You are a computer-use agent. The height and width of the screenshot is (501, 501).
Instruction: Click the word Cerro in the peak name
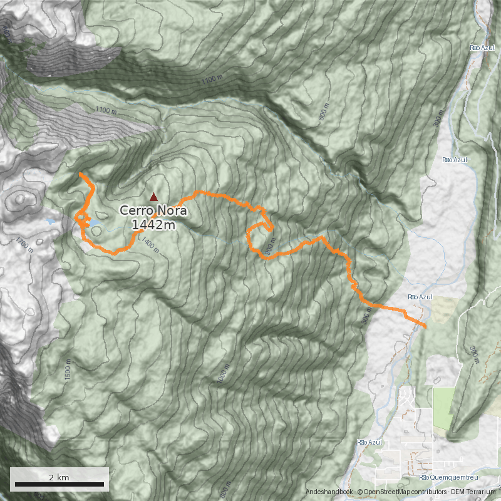click(x=138, y=211)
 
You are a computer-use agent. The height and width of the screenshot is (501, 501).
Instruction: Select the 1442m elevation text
click(x=154, y=225)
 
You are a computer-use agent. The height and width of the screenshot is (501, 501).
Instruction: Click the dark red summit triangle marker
click(x=153, y=197)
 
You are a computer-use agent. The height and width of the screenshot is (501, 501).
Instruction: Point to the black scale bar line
click(x=59, y=484)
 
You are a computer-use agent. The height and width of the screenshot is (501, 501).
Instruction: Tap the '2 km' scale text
click(x=59, y=477)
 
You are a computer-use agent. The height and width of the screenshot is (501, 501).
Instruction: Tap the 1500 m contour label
click(x=65, y=369)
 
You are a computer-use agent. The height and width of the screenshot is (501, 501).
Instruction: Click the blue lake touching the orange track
click(x=94, y=222)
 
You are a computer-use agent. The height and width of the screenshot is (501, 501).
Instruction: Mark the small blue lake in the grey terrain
click(x=50, y=221)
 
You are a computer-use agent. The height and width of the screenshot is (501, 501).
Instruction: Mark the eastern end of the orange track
click(x=426, y=326)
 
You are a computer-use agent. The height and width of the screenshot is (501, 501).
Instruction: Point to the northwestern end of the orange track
click(x=81, y=173)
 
